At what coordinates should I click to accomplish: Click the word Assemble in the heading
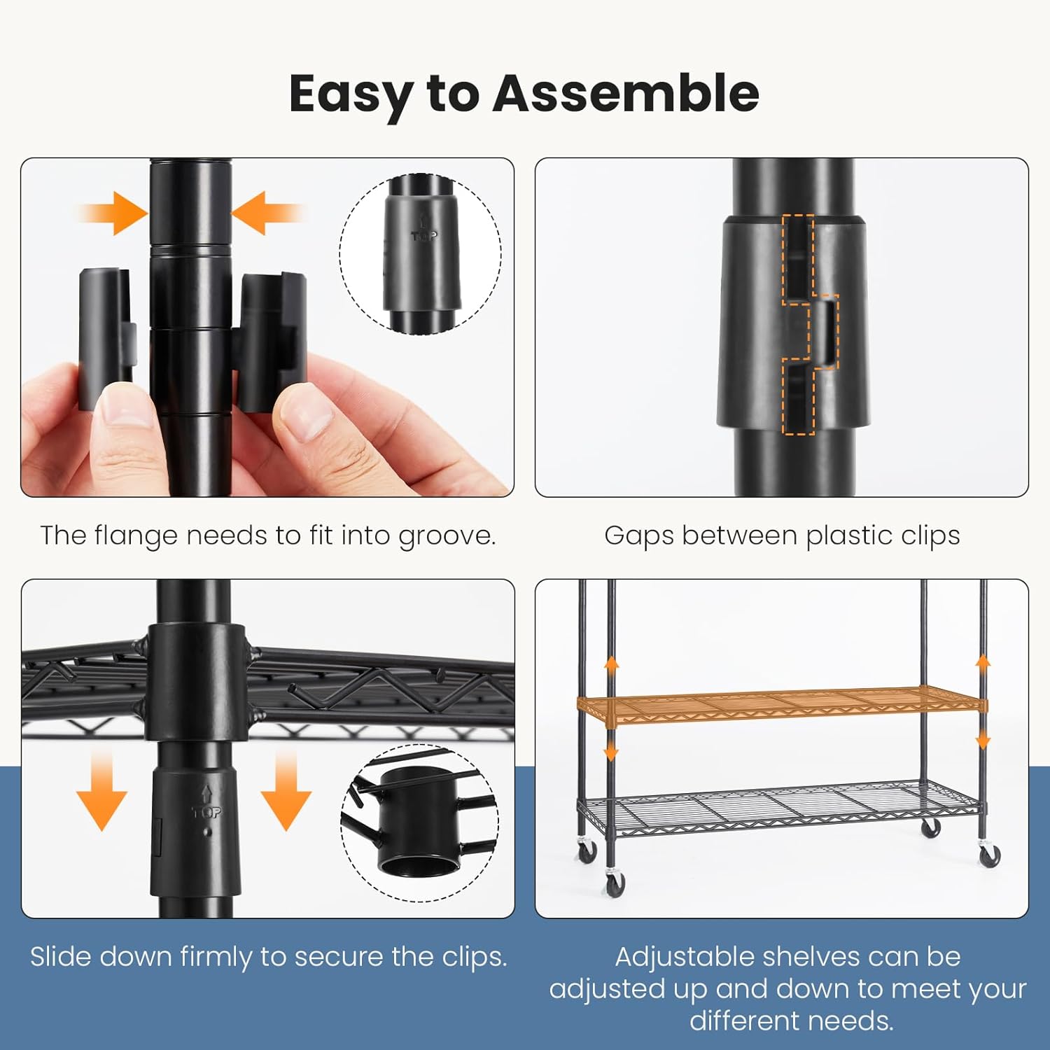point(626,93)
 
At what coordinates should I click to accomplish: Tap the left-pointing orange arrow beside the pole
point(267,213)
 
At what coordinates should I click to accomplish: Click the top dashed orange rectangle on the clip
point(798,258)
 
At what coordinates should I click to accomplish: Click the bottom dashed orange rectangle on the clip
point(798,397)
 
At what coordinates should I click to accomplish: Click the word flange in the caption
point(136,537)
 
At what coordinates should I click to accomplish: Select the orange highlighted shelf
point(782,708)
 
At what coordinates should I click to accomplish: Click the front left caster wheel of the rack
point(615,883)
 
